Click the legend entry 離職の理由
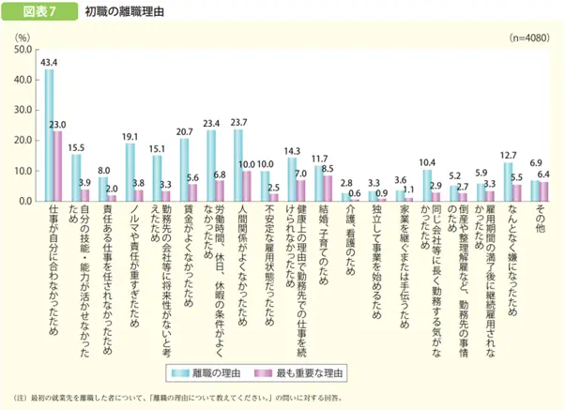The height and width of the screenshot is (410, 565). pos(218,373)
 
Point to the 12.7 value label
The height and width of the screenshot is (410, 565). pos(508,154)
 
